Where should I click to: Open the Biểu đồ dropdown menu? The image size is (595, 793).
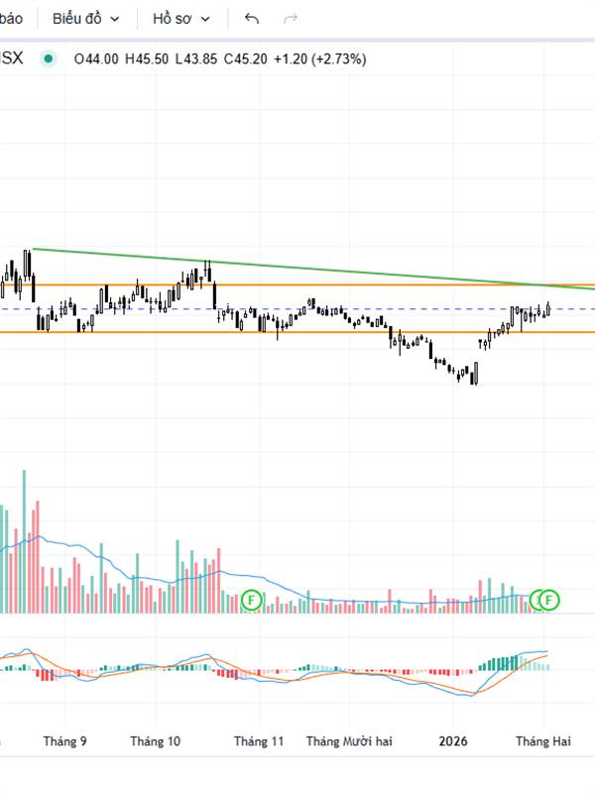click(x=86, y=19)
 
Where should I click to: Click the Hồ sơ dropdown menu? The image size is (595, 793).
click(x=181, y=19)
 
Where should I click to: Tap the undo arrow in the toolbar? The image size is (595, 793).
click(x=251, y=19)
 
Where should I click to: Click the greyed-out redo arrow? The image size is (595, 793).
click(x=291, y=19)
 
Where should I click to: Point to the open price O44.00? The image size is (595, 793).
click(x=96, y=58)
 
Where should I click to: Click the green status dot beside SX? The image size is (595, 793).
click(x=48, y=58)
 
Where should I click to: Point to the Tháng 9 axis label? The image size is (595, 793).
click(x=65, y=741)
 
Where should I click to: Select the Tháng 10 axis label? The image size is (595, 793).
click(x=156, y=741)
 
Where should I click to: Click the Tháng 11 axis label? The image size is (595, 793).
click(x=259, y=741)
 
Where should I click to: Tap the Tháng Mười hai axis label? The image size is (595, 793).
click(x=349, y=741)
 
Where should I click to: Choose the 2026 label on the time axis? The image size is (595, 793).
click(x=453, y=741)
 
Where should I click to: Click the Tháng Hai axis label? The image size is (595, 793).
click(x=542, y=741)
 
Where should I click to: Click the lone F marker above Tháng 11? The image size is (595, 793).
click(x=251, y=599)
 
